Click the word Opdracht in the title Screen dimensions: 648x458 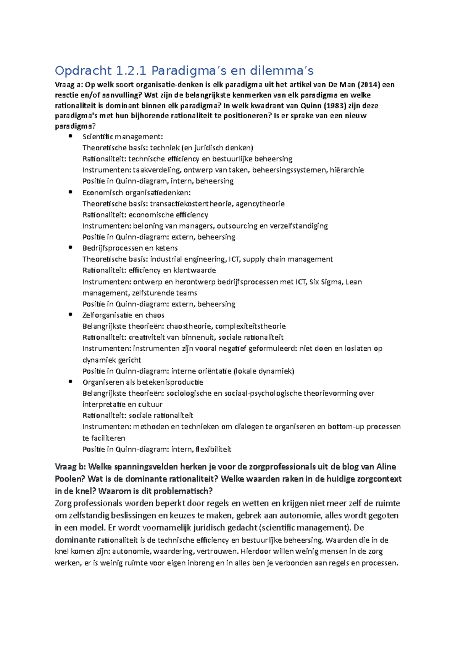[x=83, y=71]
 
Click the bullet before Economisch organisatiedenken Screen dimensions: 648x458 [x=70, y=192]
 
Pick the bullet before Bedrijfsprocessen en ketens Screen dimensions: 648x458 [x=70, y=248]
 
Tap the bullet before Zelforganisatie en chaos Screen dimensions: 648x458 [x=70, y=315]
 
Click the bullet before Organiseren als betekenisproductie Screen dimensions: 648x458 [x=70, y=382]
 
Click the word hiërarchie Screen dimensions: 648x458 [x=347, y=170]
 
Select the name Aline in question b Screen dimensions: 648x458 [x=386, y=467]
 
